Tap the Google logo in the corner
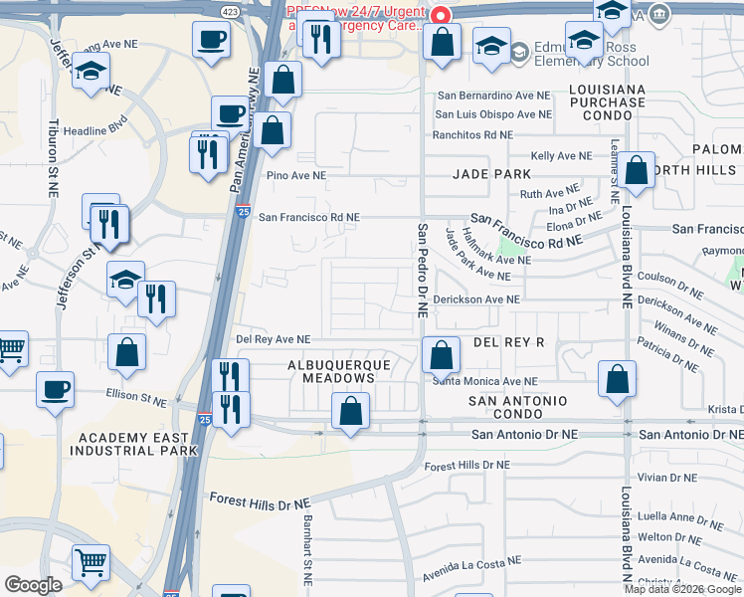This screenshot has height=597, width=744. (x=34, y=585)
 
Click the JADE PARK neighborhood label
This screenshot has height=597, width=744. (x=491, y=173)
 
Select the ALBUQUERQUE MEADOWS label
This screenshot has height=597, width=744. (x=338, y=371)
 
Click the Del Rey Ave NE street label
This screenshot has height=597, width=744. (x=273, y=339)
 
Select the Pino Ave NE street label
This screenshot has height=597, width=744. (x=296, y=175)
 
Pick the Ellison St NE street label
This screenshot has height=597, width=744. (x=136, y=395)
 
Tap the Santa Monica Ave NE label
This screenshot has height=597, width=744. (x=484, y=381)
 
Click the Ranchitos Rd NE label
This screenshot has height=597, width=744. (x=472, y=134)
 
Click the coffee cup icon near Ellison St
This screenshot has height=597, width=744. (x=55, y=388)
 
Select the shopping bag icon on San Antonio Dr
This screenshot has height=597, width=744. (x=350, y=410)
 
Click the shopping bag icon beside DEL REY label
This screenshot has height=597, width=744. (x=441, y=354)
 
